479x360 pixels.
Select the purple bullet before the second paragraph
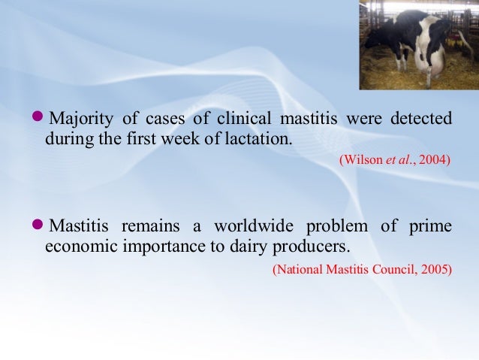coord(40,225)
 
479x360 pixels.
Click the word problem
coord(336,226)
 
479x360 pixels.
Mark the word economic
coord(77,247)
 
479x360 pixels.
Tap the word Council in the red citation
coord(392,268)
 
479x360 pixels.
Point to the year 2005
coord(435,268)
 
